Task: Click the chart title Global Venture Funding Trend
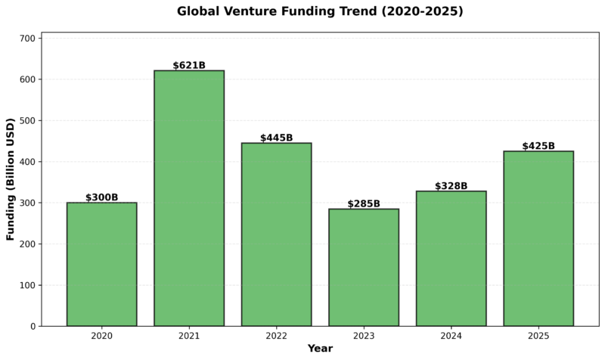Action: (x=320, y=11)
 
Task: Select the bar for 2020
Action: (x=101, y=265)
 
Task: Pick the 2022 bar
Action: (x=276, y=234)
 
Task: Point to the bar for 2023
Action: (x=364, y=268)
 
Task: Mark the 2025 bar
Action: (x=538, y=239)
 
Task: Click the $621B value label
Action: (x=189, y=65)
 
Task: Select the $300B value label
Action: (x=101, y=197)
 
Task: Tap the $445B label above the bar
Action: (x=276, y=138)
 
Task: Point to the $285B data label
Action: (x=364, y=203)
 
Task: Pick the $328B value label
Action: (x=451, y=186)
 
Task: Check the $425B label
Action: (x=538, y=146)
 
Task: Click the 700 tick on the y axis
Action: (x=28, y=38)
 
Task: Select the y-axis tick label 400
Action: (x=28, y=162)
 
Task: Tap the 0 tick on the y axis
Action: (x=33, y=327)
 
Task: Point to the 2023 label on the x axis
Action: (x=364, y=335)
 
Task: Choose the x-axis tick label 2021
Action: (x=189, y=335)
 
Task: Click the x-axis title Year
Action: (x=320, y=349)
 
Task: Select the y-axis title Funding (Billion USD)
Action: (x=11, y=179)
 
